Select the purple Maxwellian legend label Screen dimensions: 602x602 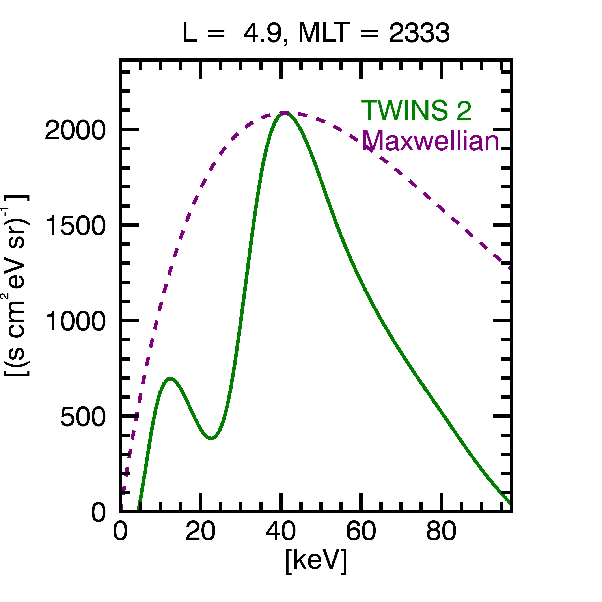431,141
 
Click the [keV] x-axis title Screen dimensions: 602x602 316,561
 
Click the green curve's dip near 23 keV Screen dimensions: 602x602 211,438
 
